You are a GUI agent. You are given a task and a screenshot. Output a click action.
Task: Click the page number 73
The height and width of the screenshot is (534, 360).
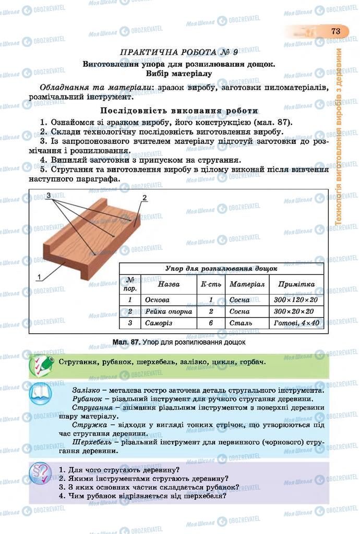tap(335, 31)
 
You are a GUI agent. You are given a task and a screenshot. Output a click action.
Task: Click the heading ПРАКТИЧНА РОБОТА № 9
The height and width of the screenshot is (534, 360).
tap(179, 52)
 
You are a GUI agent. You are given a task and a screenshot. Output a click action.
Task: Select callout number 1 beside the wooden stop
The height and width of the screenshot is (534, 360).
tap(39, 277)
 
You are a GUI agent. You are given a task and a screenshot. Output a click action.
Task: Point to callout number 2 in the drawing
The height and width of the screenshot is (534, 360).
tap(145, 198)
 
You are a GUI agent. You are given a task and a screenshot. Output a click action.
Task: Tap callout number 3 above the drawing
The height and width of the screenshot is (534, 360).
tap(48, 195)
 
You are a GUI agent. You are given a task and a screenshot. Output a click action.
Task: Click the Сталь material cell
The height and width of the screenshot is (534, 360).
tap(241, 323)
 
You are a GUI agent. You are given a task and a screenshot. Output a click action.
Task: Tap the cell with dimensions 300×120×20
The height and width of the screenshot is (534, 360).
tap(296, 300)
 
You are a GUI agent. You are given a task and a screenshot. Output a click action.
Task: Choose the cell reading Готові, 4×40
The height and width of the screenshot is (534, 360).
tap(296, 323)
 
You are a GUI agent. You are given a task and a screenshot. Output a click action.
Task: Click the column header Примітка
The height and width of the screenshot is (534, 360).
tap(296, 285)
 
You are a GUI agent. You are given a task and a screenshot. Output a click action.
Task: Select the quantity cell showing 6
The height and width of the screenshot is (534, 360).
tap(211, 323)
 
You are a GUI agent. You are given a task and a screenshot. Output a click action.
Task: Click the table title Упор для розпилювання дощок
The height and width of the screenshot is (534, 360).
tap(221, 269)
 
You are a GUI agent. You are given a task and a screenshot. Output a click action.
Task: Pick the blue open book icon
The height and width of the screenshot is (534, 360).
tap(42, 394)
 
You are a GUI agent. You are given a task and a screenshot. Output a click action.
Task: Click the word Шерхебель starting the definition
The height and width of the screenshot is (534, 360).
tap(92, 442)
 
